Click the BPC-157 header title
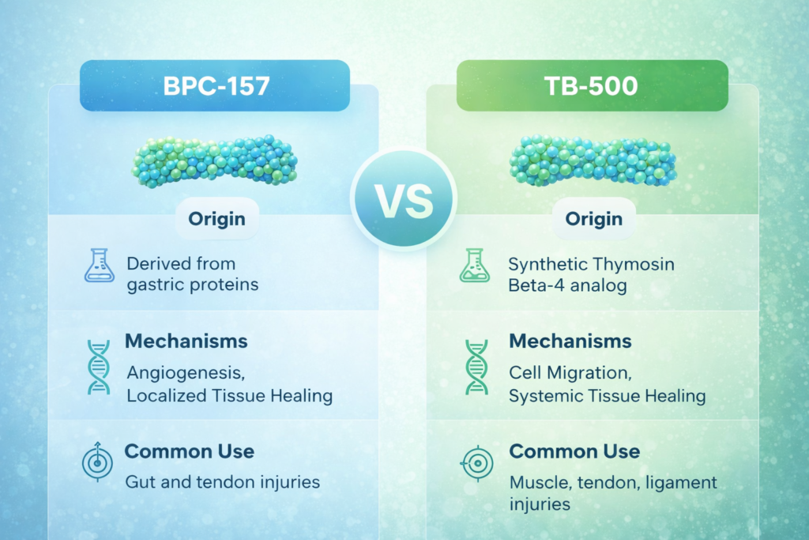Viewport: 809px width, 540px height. (216, 85)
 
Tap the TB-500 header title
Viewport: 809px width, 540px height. (591, 85)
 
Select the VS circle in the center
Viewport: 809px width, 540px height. (404, 199)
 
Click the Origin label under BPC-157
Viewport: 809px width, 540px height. (216, 219)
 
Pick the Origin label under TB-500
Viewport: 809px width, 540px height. (594, 219)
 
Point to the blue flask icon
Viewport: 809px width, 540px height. (99, 266)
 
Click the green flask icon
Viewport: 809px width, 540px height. (475, 266)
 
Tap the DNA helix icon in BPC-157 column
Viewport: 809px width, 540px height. (99, 367)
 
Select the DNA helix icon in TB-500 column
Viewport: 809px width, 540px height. (476, 367)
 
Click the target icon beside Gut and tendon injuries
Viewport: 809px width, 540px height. (97, 462)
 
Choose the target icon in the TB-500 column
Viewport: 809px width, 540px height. (477, 463)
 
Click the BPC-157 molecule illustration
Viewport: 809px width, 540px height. (215, 161)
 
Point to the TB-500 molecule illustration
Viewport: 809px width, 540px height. (593, 160)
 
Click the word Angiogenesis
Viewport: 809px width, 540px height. (186, 373)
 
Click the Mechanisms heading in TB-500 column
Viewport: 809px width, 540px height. (570, 342)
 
